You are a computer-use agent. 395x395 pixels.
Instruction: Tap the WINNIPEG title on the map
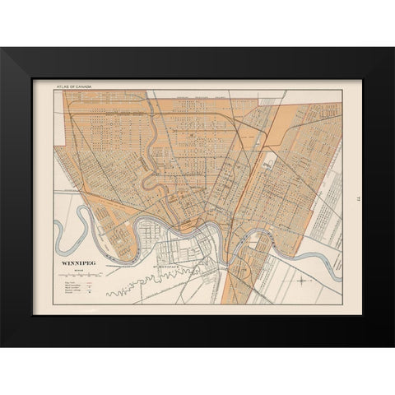pos(73,264)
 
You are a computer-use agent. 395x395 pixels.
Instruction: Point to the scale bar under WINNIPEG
pos(73,272)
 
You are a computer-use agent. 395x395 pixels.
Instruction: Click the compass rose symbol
pos(303,282)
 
